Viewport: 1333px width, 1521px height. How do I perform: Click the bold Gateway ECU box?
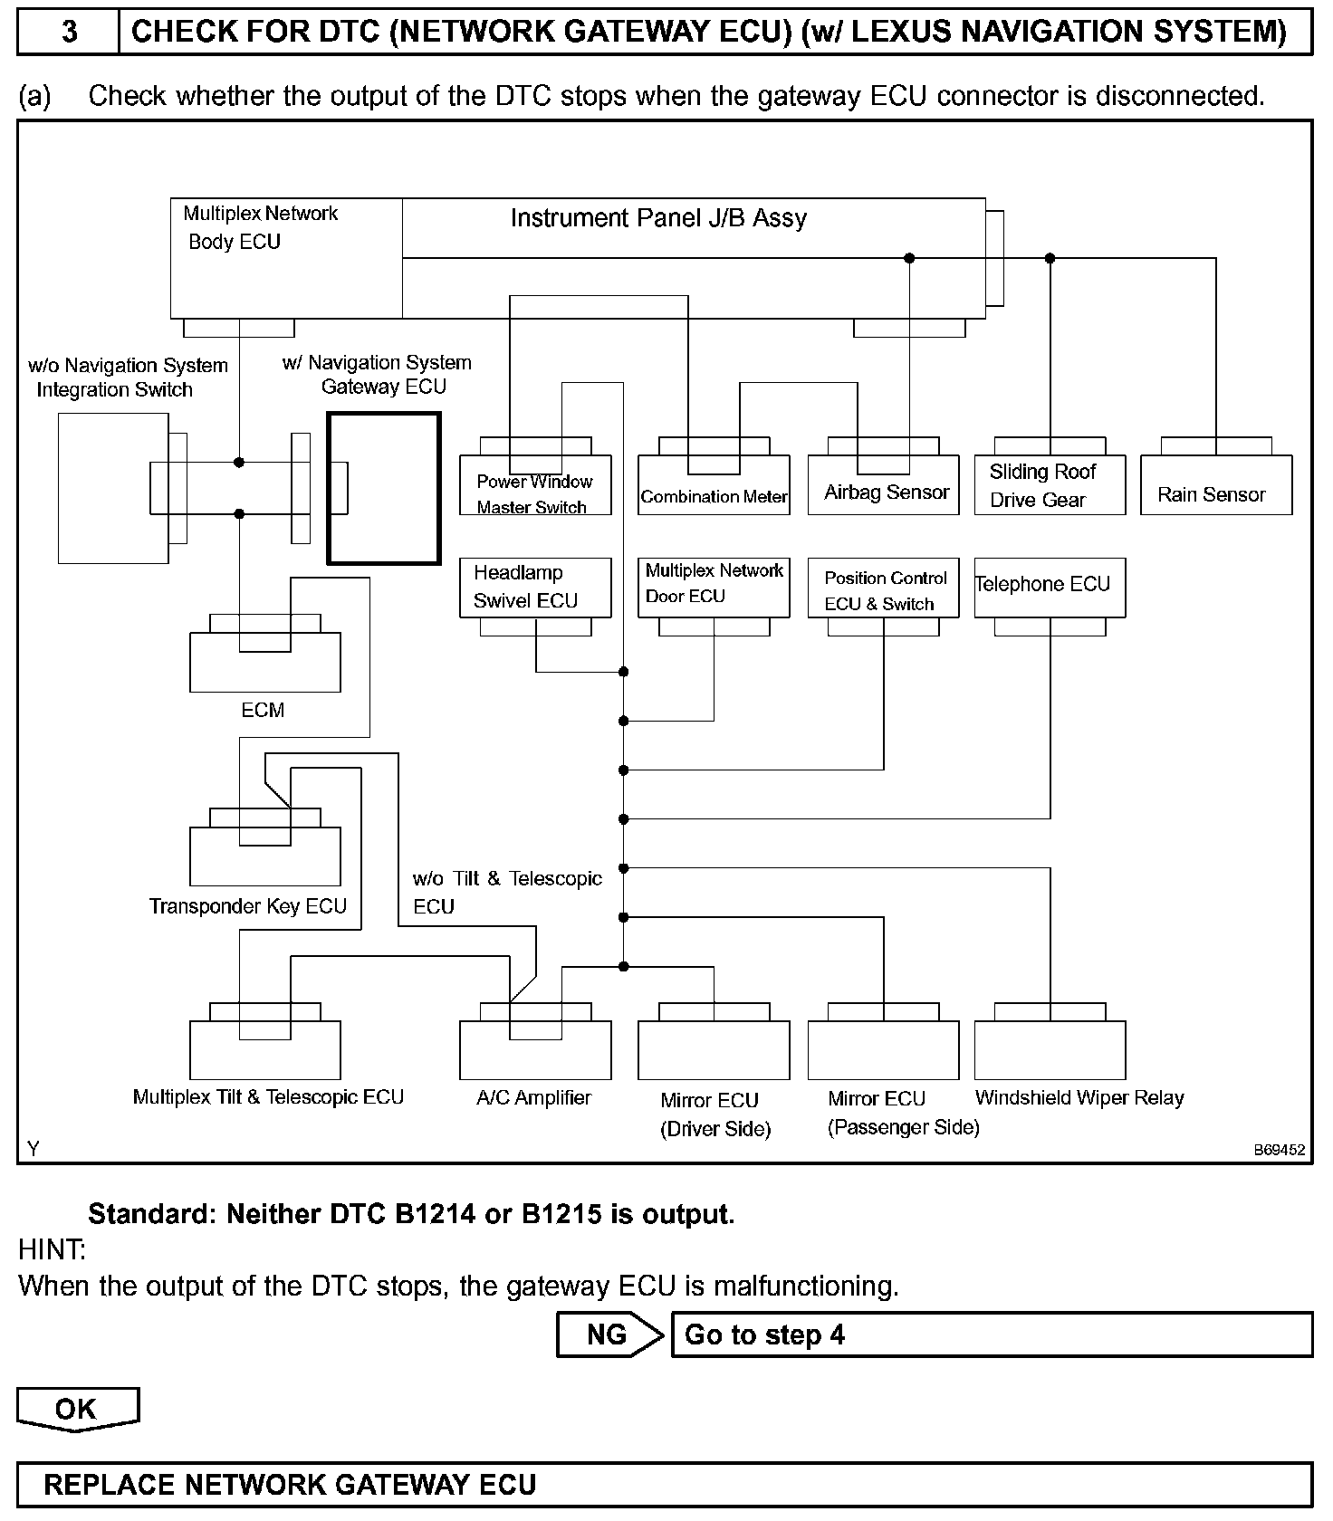[x=384, y=488]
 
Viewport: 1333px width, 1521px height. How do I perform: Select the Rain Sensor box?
[x=1215, y=485]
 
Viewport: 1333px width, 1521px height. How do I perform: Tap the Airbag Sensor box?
[x=883, y=485]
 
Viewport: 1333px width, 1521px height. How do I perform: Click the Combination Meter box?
[x=714, y=486]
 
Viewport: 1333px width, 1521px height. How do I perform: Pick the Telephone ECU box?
[x=1050, y=588]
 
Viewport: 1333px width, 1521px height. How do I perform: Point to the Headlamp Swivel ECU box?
[x=535, y=588]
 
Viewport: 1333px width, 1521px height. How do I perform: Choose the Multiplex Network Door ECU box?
[x=714, y=588]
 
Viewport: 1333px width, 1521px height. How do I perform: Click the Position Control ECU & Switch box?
[x=883, y=588]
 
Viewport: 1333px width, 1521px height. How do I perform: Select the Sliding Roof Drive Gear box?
[x=1050, y=485]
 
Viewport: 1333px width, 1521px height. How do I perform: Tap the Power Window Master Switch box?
[x=535, y=486]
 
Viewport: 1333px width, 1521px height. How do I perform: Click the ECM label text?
[x=263, y=711]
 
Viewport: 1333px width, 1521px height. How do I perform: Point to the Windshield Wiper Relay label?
[x=1079, y=1097]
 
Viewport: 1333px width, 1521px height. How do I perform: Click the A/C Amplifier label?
[x=533, y=1097]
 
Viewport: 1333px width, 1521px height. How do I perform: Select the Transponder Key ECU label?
[x=248, y=906]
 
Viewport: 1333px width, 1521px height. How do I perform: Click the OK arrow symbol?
[x=78, y=1409]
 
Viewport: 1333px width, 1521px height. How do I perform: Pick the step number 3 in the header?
[x=69, y=33]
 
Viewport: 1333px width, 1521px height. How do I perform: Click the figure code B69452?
[x=1279, y=1150]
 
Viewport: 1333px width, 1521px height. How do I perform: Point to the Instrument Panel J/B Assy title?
[x=658, y=218]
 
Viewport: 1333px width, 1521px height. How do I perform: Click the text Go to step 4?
[x=764, y=1334]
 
